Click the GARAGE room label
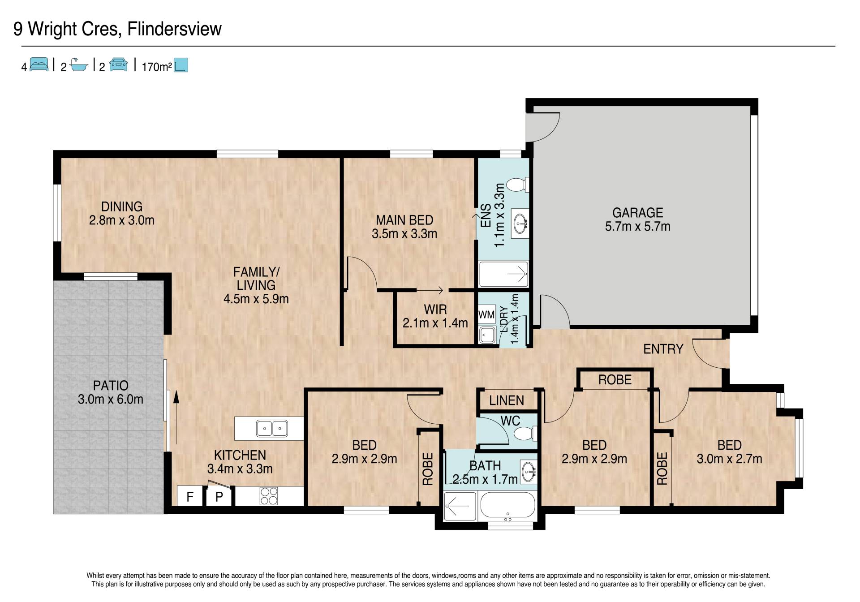(x=637, y=212)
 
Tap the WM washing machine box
(x=486, y=314)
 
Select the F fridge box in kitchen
(x=190, y=496)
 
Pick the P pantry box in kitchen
(x=219, y=496)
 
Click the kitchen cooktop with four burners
(x=269, y=496)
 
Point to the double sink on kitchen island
(x=272, y=429)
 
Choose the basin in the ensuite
(x=521, y=222)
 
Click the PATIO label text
(x=111, y=385)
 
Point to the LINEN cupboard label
(x=507, y=400)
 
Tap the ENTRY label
(x=663, y=349)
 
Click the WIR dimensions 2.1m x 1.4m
(x=435, y=323)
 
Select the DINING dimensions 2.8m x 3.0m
(x=122, y=220)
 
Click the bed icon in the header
(x=39, y=64)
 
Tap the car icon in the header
(x=118, y=64)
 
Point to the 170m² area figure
(x=157, y=67)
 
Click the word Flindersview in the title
(x=175, y=29)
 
